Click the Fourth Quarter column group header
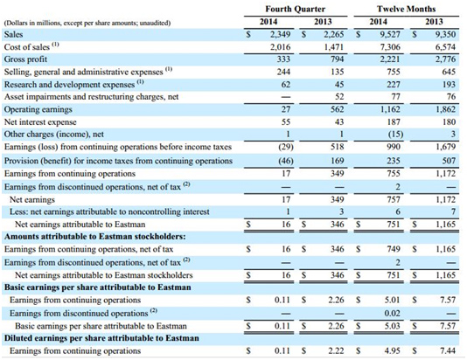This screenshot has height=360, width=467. (295, 9)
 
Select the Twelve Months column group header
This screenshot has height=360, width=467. (407, 9)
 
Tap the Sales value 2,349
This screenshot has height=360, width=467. (280, 34)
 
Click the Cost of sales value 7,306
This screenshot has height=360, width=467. (390, 47)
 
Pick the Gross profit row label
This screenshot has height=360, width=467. (25, 59)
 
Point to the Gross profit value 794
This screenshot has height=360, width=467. (338, 59)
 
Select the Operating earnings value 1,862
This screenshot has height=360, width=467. (445, 109)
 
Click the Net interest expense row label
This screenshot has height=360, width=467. (40, 122)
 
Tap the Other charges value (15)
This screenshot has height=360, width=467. (395, 135)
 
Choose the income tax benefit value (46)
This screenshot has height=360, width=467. (286, 161)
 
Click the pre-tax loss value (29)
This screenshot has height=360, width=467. (286, 147)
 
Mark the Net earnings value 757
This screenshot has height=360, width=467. (394, 199)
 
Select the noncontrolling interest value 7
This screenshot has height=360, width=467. (453, 211)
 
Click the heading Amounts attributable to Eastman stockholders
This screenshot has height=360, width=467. (95, 237)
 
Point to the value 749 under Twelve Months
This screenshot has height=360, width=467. (394, 249)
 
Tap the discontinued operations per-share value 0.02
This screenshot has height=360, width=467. (393, 314)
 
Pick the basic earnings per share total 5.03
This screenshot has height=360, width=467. (393, 326)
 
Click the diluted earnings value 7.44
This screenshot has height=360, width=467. (448, 351)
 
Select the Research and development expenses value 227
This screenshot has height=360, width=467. (394, 85)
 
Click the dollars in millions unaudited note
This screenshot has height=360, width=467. (87, 23)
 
